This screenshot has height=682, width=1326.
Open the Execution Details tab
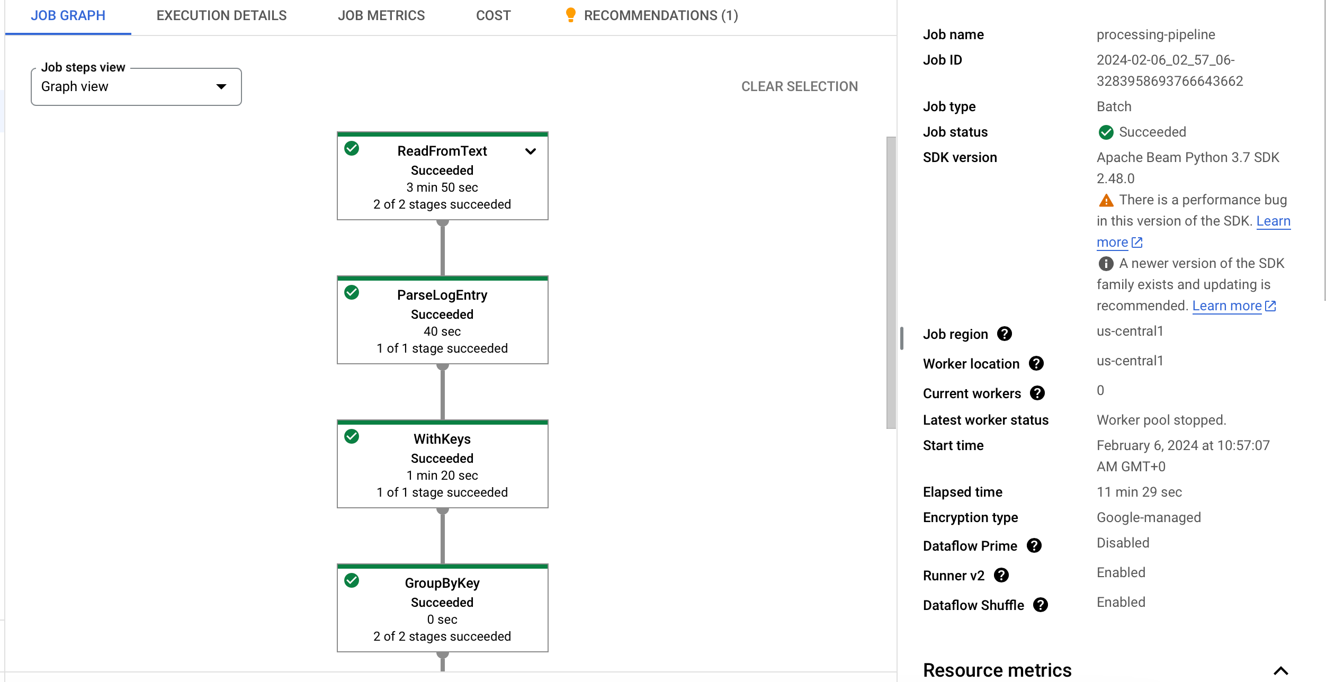click(x=221, y=16)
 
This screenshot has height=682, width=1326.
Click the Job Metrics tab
click(x=381, y=16)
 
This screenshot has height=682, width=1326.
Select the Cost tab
click(x=494, y=16)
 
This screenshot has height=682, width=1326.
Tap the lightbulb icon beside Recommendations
click(x=570, y=15)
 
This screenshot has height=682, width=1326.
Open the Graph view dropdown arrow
click(x=221, y=87)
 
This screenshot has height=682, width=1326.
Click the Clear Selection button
click(x=800, y=86)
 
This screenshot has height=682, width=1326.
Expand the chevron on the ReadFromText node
click(x=531, y=151)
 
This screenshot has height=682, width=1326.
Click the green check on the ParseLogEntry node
click(x=352, y=292)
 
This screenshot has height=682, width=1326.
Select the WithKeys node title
click(x=442, y=439)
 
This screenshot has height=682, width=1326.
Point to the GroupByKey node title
click(x=442, y=583)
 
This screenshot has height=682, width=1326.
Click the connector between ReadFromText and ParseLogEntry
click(x=443, y=248)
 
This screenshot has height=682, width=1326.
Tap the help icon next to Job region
click(x=1005, y=334)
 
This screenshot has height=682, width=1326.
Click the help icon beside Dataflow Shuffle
click(x=1041, y=605)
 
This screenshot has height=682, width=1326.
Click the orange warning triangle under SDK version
click(x=1106, y=200)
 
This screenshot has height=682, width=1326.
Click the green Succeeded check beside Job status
click(x=1106, y=132)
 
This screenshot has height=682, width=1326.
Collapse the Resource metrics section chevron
click(x=1281, y=671)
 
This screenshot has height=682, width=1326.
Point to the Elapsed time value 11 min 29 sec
click(x=1139, y=492)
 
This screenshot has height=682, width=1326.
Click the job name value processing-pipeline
click(x=1156, y=35)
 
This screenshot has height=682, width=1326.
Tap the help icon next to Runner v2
click(x=1001, y=575)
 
